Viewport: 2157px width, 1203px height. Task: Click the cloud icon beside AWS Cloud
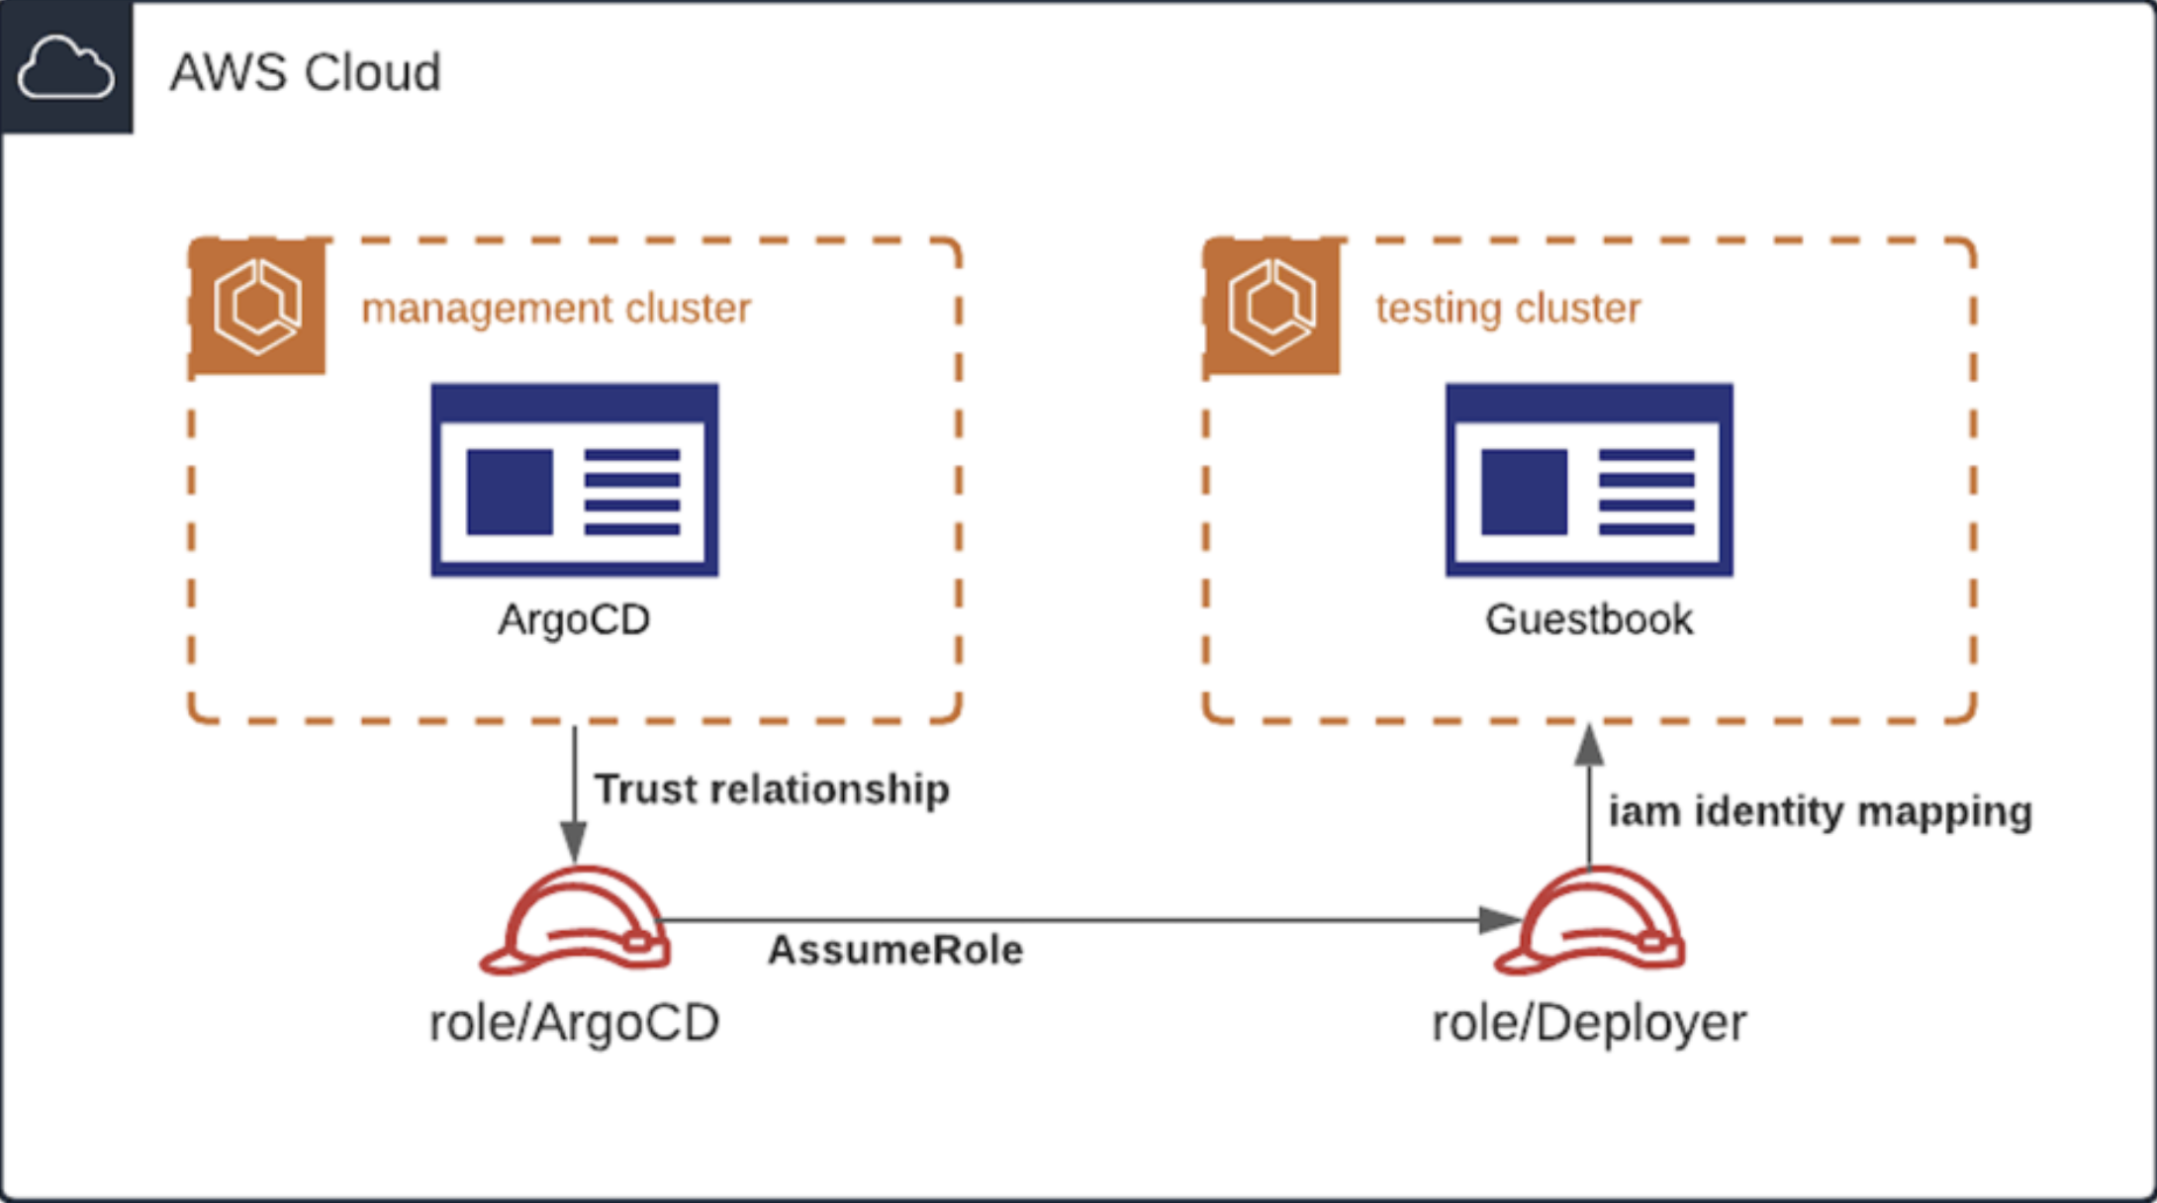[x=65, y=67]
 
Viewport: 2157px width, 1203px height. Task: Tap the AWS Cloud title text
[x=305, y=72]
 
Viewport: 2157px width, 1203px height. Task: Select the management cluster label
[x=556, y=308]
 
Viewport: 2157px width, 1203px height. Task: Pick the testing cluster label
[x=1508, y=308]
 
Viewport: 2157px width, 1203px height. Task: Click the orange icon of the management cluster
[x=258, y=307]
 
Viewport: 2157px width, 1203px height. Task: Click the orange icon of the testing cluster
[x=1272, y=307]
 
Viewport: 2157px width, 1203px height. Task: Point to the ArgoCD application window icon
[x=575, y=480]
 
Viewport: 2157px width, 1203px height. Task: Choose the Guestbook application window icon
[x=1589, y=480]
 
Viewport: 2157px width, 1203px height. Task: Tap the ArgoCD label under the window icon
[x=574, y=619]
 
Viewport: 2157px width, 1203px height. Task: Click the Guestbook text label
[x=1589, y=619]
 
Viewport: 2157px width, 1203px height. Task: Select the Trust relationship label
[x=772, y=789]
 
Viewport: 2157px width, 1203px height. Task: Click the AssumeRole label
[x=895, y=950]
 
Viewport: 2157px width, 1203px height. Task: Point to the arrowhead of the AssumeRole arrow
[x=1499, y=920]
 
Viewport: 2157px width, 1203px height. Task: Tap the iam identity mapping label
[x=1820, y=811]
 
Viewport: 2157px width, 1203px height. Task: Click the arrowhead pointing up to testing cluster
[x=1589, y=744]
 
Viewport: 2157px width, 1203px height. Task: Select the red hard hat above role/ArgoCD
[x=575, y=921]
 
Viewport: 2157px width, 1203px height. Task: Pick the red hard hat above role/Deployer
[x=1589, y=921]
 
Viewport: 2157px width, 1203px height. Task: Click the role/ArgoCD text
[x=574, y=1023]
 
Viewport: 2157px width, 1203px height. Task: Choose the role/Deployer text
[x=1589, y=1023]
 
